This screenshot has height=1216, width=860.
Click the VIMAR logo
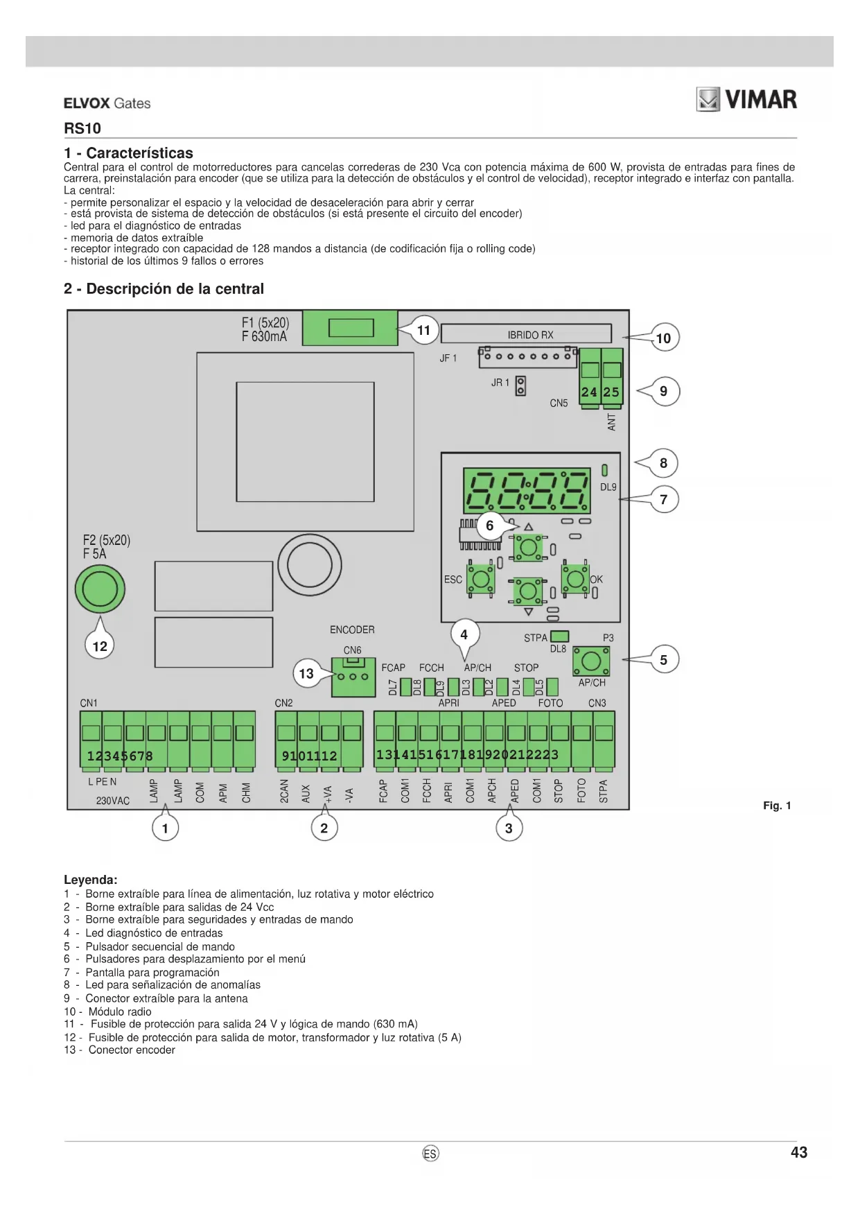[x=746, y=100]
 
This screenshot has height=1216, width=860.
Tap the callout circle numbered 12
[x=100, y=646]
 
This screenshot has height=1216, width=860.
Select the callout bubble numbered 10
[x=664, y=338]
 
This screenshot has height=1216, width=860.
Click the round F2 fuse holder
[x=100, y=590]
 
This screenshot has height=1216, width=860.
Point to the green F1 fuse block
[x=351, y=327]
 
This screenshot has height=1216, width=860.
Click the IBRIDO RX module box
[x=527, y=334]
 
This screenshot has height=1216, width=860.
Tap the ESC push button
[x=480, y=578]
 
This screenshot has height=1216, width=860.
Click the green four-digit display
[x=527, y=489]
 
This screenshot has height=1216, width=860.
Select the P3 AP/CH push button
[x=591, y=661]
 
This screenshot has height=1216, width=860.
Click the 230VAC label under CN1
[x=113, y=801]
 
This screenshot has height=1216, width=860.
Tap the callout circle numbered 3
[x=509, y=828]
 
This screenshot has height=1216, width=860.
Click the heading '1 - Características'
[x=128, y=153]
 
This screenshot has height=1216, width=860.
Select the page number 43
[x=799, y=1152]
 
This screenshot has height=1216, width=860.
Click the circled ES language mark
[x=430, y=1154]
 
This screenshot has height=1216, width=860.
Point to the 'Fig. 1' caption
[x=777, y=806]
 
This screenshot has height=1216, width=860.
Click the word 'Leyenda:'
[x=91, y=880]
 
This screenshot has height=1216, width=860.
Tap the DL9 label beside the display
[x=608, y=487]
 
